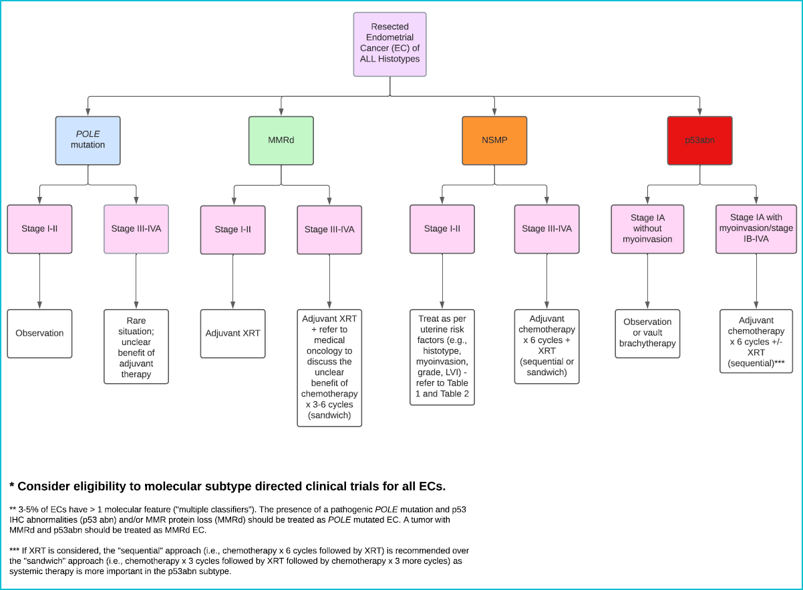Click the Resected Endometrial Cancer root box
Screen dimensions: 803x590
click(389, 45)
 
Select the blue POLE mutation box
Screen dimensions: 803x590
click(88, 140)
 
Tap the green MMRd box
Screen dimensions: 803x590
click(281, 140)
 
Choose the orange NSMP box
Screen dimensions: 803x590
click(494, 140)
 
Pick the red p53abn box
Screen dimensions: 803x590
click(699, 140)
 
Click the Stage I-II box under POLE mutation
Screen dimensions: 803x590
click(39, 230)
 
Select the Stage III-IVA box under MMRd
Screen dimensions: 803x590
click(329, 230)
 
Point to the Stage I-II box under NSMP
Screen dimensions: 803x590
click(442, 230)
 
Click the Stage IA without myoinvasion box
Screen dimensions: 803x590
click(647, 230)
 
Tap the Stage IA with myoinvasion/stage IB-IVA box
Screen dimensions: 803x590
click(756, 230)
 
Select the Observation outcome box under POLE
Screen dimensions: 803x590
click(39, 334)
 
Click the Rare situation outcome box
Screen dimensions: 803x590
click(136, 347)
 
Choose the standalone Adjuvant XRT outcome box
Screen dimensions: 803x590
click(232, 334)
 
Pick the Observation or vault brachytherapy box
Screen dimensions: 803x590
click(647, 334)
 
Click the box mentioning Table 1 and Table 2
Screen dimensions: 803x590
click(442, 357)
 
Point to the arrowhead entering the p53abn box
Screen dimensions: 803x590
click(699, 111)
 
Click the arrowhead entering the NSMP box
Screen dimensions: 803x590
click(494, 111)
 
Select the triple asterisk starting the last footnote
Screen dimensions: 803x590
click(14, 549)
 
